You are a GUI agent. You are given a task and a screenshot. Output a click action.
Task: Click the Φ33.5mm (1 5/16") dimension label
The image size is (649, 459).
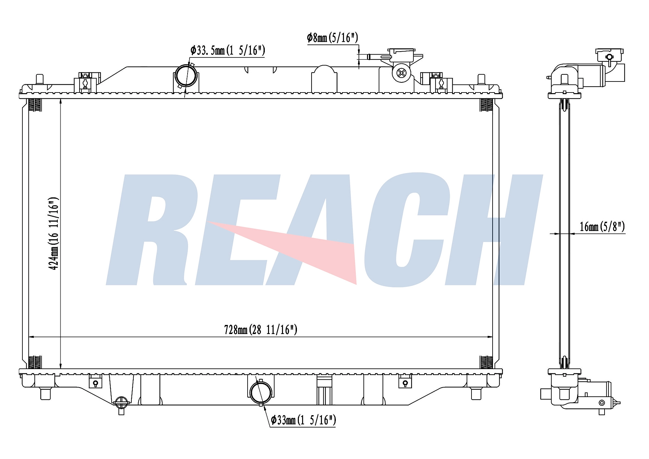(x=228, y=51)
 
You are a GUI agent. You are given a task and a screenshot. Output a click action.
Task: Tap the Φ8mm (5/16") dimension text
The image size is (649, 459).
(x=332, y=38)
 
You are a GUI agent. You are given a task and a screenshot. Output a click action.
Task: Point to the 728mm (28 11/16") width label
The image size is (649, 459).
(x=261, y=330)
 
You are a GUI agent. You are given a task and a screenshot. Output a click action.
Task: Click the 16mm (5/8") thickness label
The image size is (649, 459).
(x=602, y=227)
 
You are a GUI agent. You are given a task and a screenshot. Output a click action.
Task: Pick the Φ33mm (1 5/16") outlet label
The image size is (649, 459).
(x=303, y=420)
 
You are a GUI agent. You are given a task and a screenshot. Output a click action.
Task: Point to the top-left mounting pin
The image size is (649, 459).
(x=39, y=79)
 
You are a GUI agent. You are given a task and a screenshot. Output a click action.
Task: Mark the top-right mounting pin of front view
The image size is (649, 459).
(x=481, y=79)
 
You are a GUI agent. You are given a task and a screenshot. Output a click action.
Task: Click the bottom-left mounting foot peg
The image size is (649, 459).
(x=45, y=393)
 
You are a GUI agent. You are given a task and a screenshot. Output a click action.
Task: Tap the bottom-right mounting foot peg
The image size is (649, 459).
(x=476, y=393)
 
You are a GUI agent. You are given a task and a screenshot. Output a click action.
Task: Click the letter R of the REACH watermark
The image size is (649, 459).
(x=153, y=230)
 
